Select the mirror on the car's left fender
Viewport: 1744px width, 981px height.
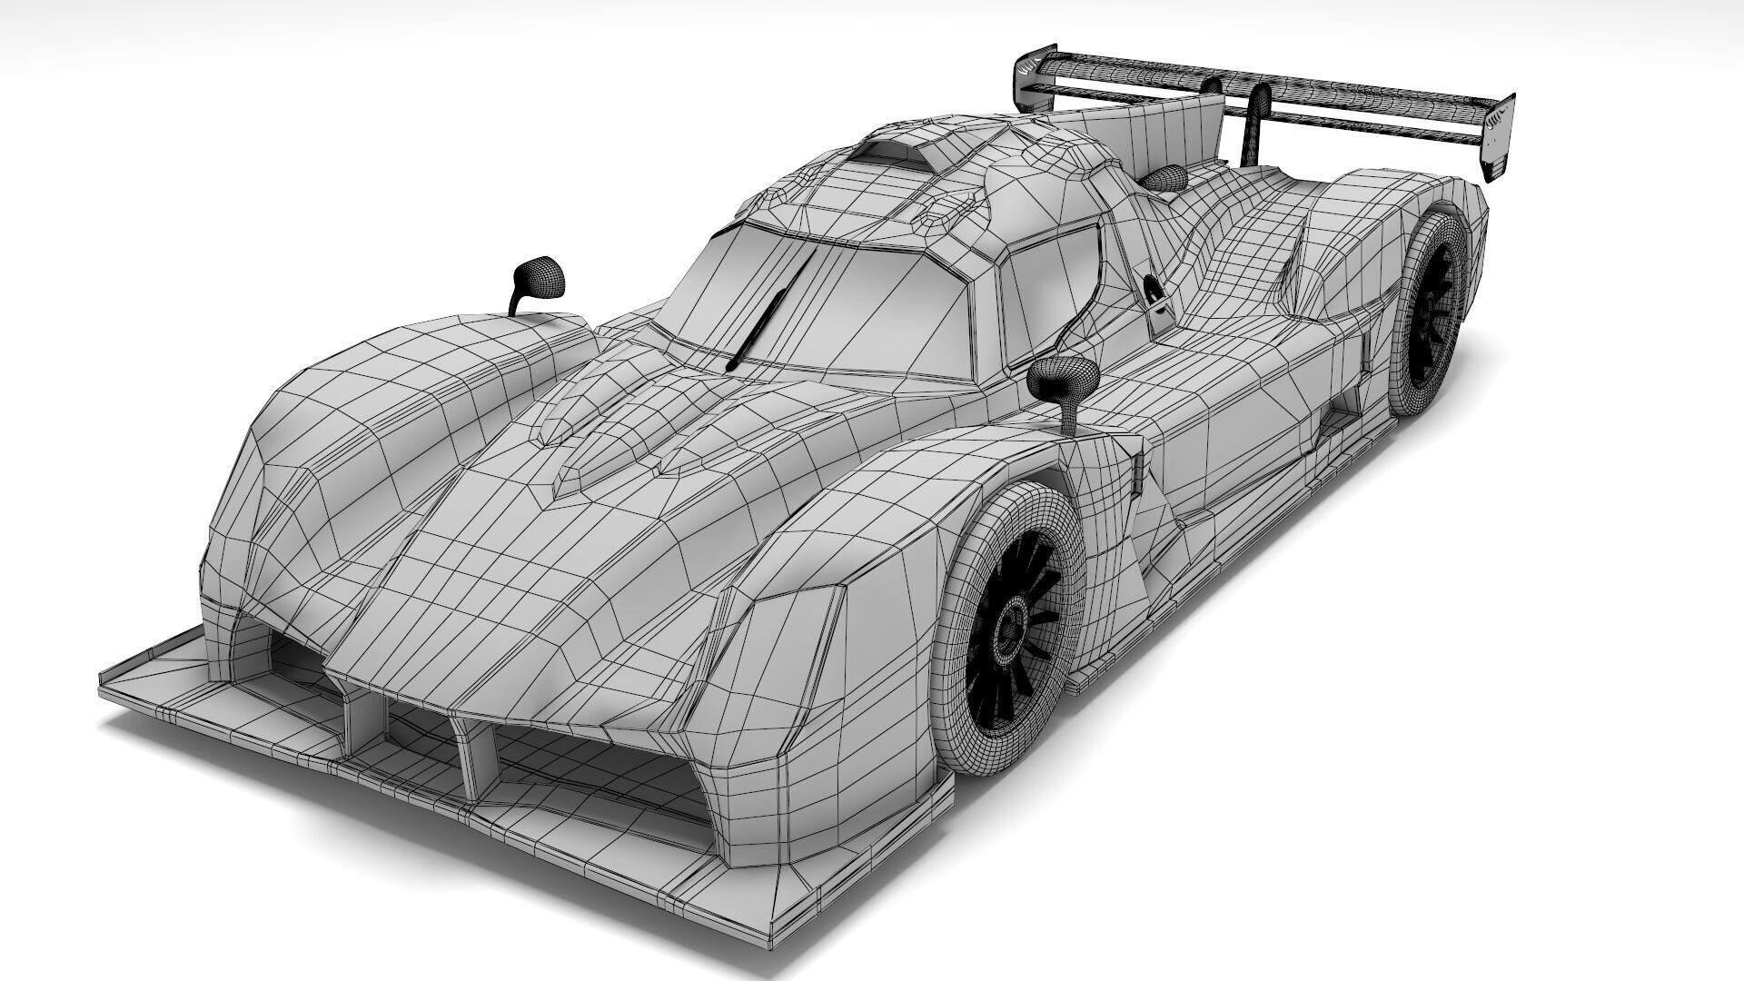click(x=538, y=278)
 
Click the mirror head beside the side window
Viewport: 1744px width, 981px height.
click(x=1065, y=379)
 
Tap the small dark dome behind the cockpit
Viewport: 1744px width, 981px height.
click(x=1165, y=176)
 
